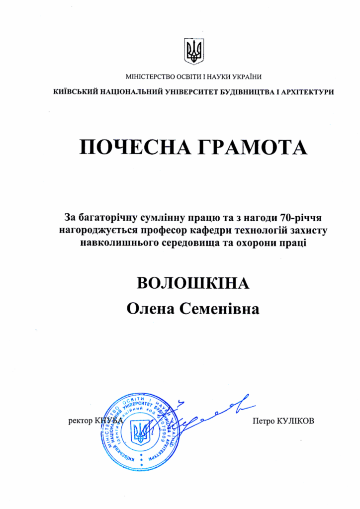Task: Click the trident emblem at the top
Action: click(194, 51)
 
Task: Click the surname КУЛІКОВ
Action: click(297, 421)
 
